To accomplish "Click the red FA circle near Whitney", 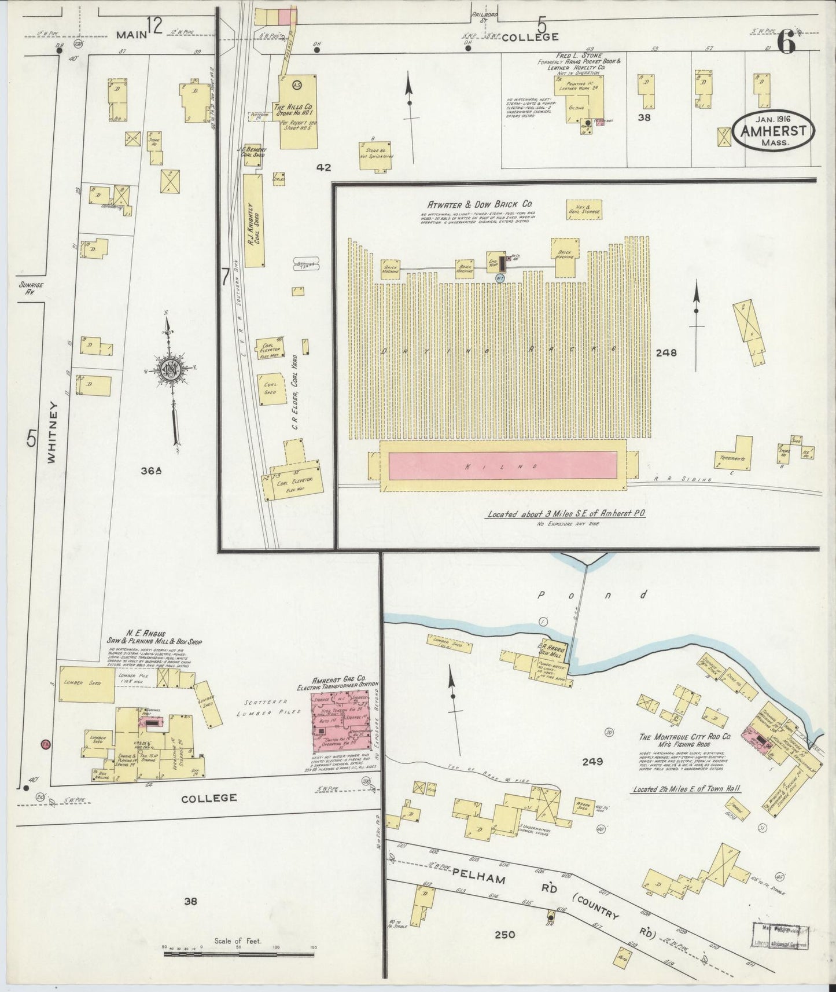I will (45, 744).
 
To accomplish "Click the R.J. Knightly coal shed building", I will (252, 219).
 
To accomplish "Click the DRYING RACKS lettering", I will (499, 350).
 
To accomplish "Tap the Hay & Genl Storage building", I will (584, 211).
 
